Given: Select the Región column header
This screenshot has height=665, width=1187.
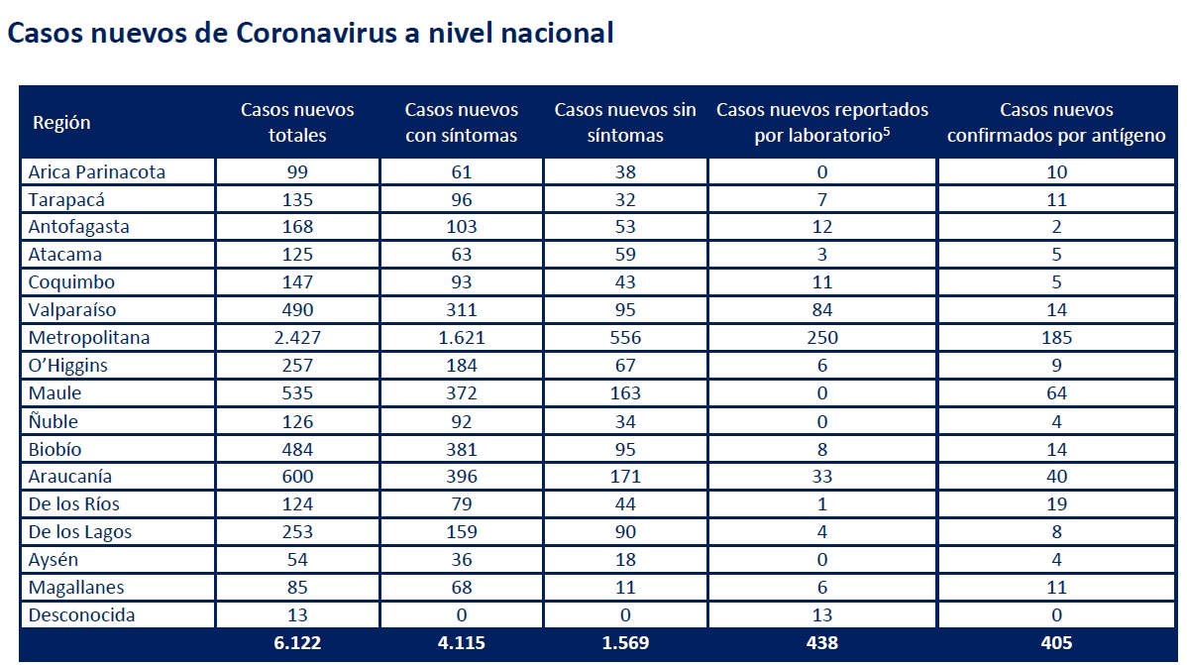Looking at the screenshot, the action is (x=61, y=123).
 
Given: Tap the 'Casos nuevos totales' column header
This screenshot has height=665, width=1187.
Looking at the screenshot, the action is (x=297, y=122).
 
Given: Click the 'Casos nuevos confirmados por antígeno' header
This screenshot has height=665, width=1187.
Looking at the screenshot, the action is (x=1056, y=122).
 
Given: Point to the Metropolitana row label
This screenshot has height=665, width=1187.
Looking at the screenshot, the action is (x=89, y=338).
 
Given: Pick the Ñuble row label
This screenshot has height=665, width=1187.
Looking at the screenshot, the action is (x=53, y=421).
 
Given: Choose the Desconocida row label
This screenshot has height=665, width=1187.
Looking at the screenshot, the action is (x=82, y=615).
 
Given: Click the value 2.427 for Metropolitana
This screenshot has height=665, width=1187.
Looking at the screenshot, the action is (x=297, y=338).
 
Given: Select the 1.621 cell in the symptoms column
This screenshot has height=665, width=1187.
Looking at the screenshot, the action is (x=462, y=338).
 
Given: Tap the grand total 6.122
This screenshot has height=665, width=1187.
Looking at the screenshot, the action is (x=297, y=643).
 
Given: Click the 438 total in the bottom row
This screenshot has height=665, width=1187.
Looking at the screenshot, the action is (x=822, y=643).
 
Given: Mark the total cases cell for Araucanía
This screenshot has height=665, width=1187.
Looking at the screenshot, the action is (x=297, y=477).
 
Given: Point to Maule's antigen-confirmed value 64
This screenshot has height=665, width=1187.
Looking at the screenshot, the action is (x=1056, y=393).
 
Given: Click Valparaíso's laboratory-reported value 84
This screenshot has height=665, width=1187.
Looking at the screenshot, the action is (x=822, y=310).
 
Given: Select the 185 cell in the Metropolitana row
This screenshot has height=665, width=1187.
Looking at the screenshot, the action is (x=1056, y=338).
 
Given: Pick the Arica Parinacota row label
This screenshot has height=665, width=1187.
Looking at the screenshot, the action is (x=97, y=171).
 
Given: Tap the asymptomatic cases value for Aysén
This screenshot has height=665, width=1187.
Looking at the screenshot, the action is (x=625, y=560).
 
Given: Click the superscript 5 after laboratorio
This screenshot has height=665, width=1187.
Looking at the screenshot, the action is (x=886, y=131).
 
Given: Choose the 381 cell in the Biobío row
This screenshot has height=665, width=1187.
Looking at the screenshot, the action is (x=462, y=449).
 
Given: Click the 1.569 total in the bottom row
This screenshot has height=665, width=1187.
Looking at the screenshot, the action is (x=625, y=643).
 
